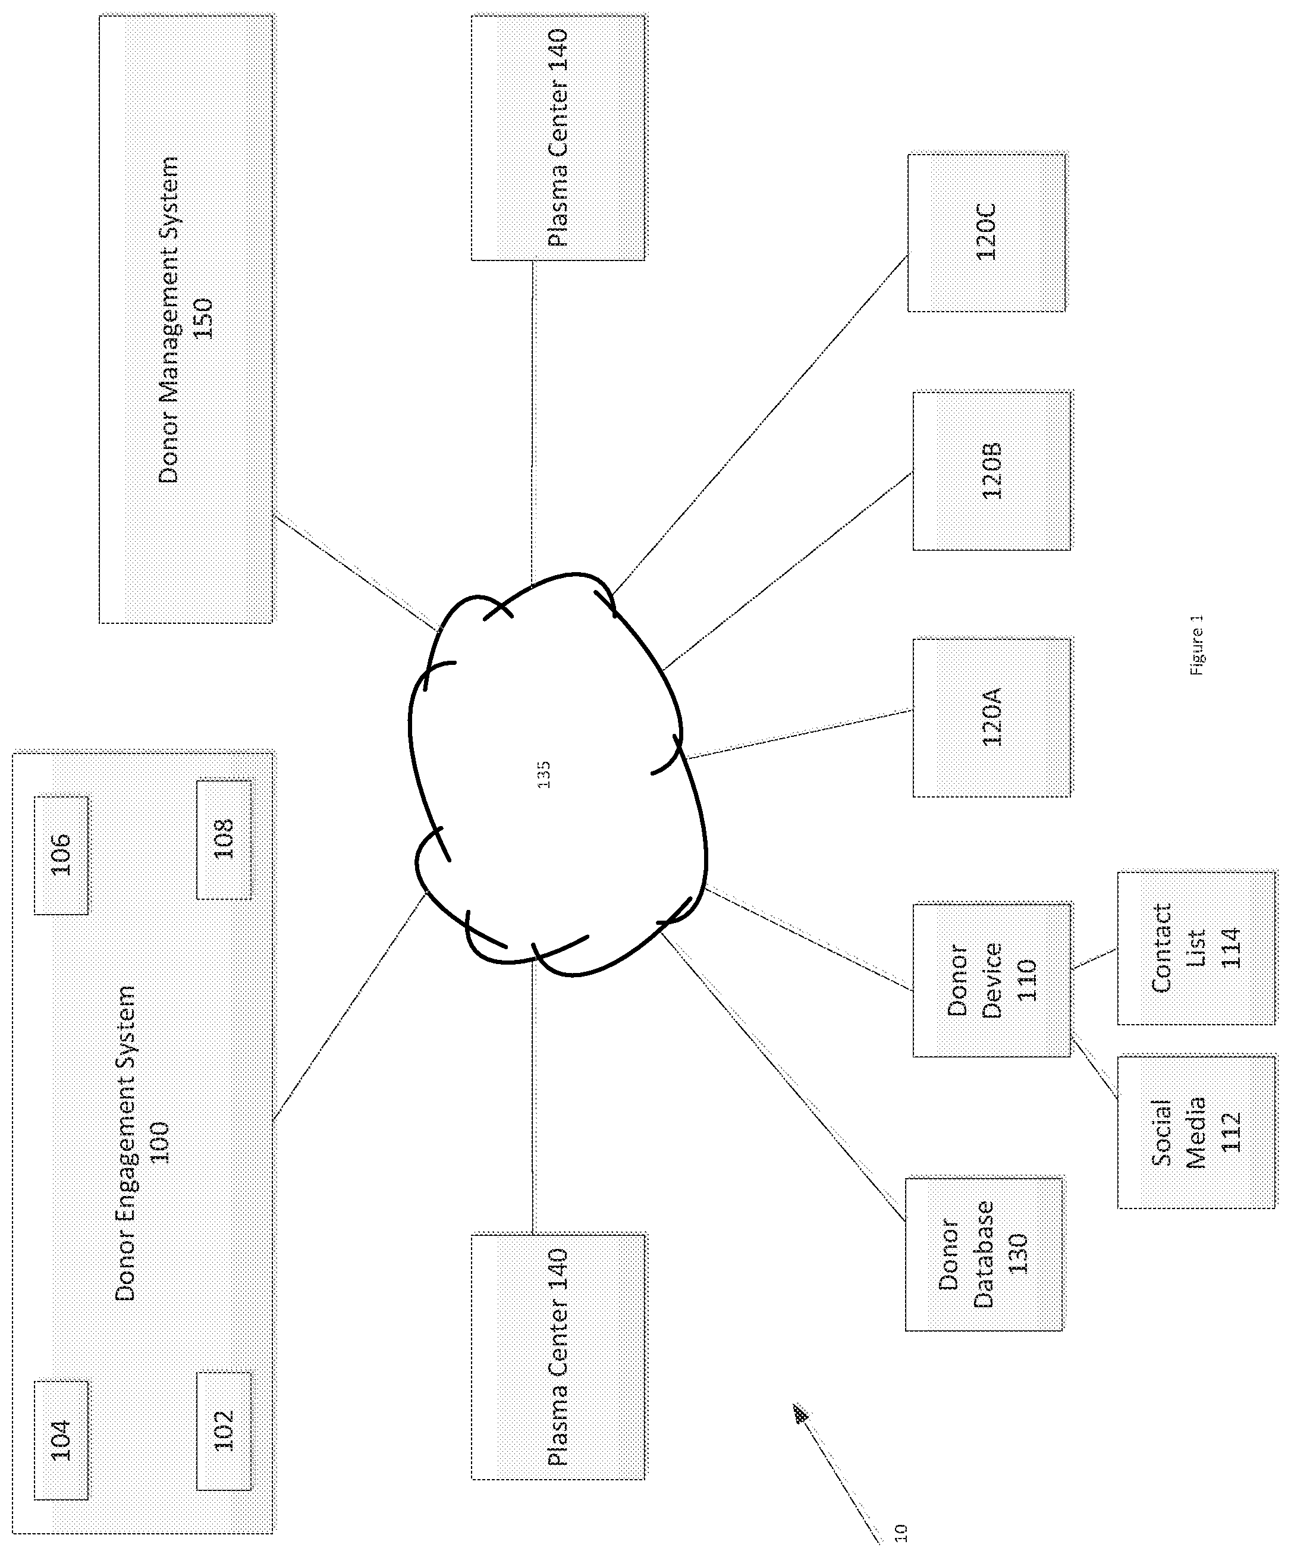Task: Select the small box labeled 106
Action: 61,855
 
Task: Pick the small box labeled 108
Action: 224,839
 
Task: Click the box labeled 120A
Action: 992,718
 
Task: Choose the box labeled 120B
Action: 992,471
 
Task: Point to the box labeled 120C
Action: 987,232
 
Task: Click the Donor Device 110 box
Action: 992,980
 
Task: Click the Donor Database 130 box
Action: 984,1253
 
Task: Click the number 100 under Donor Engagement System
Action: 159,1143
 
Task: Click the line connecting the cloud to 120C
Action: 760,425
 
